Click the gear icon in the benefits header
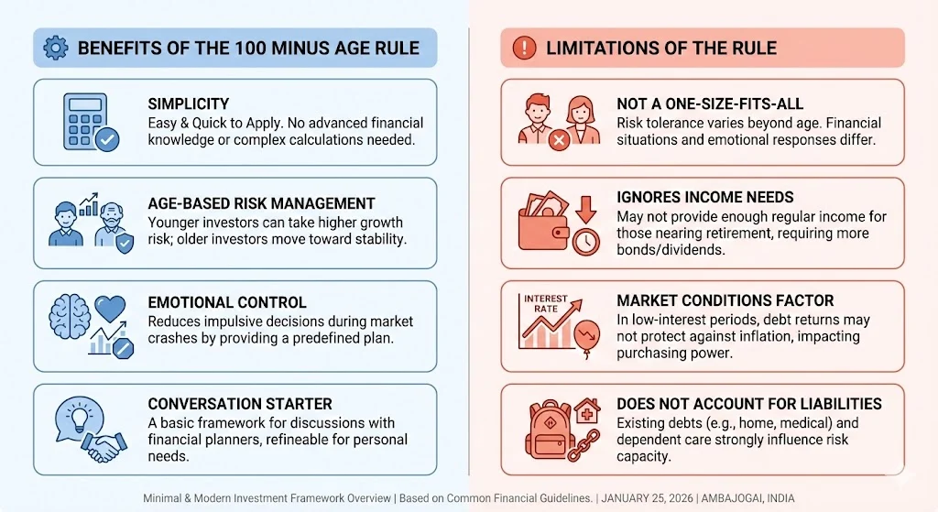pos(56,48)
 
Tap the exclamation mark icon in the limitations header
pos(524,48)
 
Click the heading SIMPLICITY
pos(189,104)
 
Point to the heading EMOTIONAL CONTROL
pos(227,302)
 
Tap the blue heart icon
pos(110,310)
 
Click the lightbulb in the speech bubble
pos(80,417)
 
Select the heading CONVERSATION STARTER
pos(240,404)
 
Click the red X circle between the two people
pos(560,140)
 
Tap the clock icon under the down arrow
pos(585,242)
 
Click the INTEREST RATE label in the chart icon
pos(546,303)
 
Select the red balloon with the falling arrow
pos(587,335)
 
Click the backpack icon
pos(548,430)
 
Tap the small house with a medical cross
pos(587,411)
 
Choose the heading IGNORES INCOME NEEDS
pos(705,198)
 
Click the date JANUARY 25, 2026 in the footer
pos(648,498)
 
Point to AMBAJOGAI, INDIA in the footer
pos(747,498)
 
